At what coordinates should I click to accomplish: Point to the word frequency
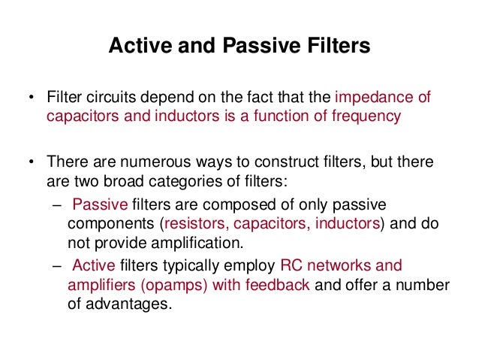coord(365,116)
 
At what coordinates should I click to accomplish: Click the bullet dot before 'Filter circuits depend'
coord(31,99)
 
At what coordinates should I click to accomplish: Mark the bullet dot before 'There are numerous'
coord(31,163)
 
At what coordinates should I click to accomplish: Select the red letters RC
coord(290,266)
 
